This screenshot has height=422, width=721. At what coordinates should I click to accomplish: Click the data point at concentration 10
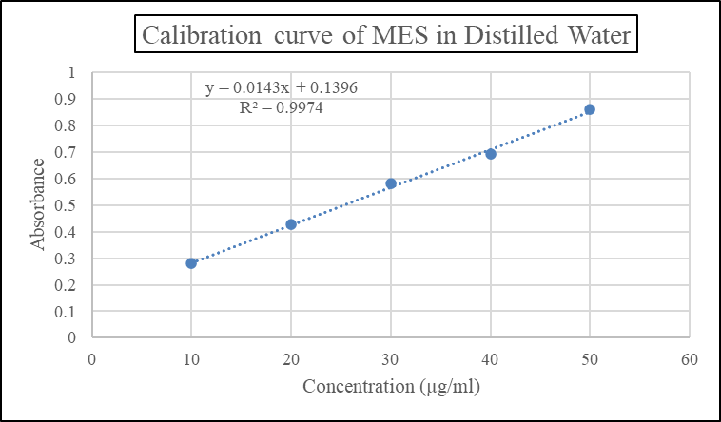click(x=191, y=263)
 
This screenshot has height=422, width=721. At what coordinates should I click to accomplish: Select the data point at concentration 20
click(x=291, y=224)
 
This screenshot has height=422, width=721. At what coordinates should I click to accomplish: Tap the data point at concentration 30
click(x=391, y=183)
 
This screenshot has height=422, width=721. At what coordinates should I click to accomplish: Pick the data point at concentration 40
click(x=491, y=154)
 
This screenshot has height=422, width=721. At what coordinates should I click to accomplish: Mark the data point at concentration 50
click(x=590, y=109)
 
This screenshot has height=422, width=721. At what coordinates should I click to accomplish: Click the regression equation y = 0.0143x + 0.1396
click(x=282, y=88)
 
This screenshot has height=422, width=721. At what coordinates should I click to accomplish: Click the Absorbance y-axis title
click(x=38, y=204)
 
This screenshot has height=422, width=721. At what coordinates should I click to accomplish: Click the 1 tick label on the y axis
click(x=71, y=72)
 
